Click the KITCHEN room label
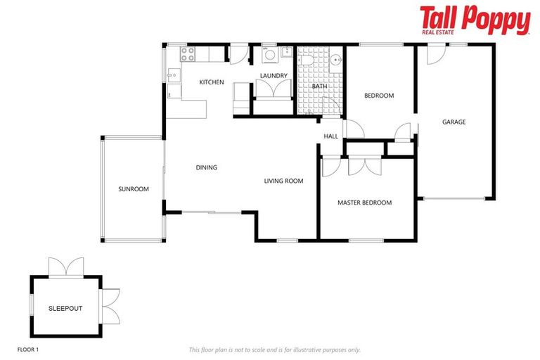point(212,82)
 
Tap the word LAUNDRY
point(272,75)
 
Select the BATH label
point(320,86)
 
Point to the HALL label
point(330,136)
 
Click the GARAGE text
point(454,122)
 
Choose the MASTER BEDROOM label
point(364,203)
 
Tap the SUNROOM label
point(134,189)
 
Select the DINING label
point(206,168)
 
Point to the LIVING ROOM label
point(283,181)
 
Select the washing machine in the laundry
point(269,56)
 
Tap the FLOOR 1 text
point(29,349)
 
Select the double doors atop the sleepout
point(66,267)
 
